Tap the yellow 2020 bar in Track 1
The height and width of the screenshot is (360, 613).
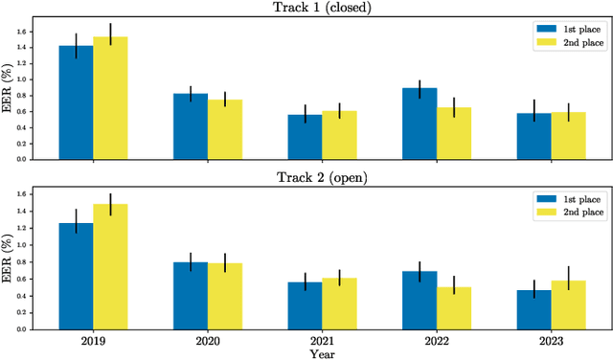(225, 128)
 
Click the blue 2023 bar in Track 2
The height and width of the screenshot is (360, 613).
(534, 308)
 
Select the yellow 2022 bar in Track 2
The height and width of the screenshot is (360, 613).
(454, 307)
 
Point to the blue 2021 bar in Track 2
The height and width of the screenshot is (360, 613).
(305, 304)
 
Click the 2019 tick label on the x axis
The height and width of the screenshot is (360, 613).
(93, 340)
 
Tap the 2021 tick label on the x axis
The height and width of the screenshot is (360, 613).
(322, 340)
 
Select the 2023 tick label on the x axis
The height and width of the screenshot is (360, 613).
(551, 340)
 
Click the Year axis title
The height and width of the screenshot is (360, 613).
(322, 353)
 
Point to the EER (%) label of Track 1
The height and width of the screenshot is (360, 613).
(9, 86)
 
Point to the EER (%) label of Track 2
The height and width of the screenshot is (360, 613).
(9, 256)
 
